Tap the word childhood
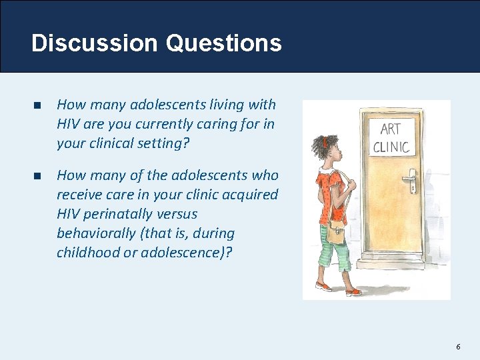pos(86,253)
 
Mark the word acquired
pos(254,195)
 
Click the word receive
pos(80,195)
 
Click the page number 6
pos(458,347)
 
